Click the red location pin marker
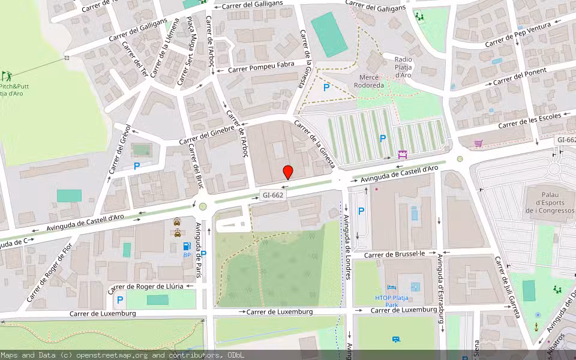(288, 172)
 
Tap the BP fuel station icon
(187, 246)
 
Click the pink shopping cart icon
(478, 143)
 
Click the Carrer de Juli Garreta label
(507, 287)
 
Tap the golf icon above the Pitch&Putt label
(7, 76)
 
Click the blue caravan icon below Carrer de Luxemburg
(396, 340)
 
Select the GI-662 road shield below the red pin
(273, 195)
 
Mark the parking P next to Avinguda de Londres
(361, 211)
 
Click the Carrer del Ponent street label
(521, 76)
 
